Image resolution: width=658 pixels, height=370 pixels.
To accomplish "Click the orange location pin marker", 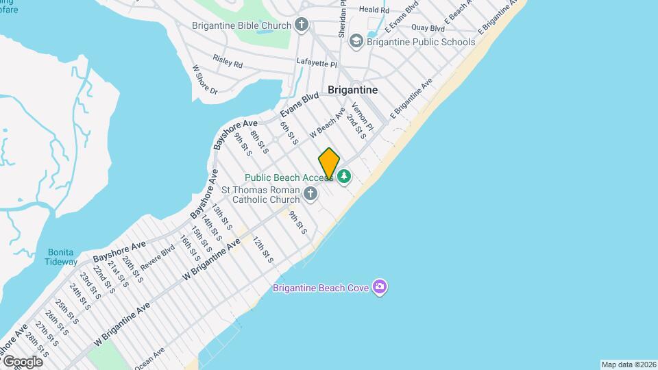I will (x=329, y=164).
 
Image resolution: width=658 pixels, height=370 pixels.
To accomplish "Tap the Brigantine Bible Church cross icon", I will (x=302, y=25).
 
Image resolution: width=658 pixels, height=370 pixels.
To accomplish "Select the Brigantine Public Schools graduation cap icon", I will (x=356, y=42).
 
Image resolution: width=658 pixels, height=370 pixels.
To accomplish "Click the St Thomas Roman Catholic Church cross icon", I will (x=310, y=194).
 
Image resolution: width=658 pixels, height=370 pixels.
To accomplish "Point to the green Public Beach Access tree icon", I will (x=344, y=177).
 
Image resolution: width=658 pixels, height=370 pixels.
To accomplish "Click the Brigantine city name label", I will (x=352, y=90).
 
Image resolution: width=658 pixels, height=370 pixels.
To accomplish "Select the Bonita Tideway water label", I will (x=61, y=256).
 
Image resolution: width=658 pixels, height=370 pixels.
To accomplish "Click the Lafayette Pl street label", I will (x=317, y=63).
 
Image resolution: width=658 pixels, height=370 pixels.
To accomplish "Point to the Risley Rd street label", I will (x=228, y=62).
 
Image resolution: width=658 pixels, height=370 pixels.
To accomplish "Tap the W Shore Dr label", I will (x=204, y=79).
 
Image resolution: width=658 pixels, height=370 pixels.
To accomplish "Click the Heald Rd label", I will (x=374, y=9).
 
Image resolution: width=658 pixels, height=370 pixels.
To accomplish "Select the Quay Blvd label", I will (x=428, y=28).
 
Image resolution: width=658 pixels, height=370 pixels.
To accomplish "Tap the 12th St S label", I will (x=263, y=250).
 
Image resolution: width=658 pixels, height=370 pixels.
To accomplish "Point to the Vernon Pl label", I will (x=362, y=117).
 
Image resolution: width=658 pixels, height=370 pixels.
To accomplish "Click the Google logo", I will (x=23, y=361).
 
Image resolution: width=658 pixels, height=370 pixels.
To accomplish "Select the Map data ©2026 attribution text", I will (x=629, y=365).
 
